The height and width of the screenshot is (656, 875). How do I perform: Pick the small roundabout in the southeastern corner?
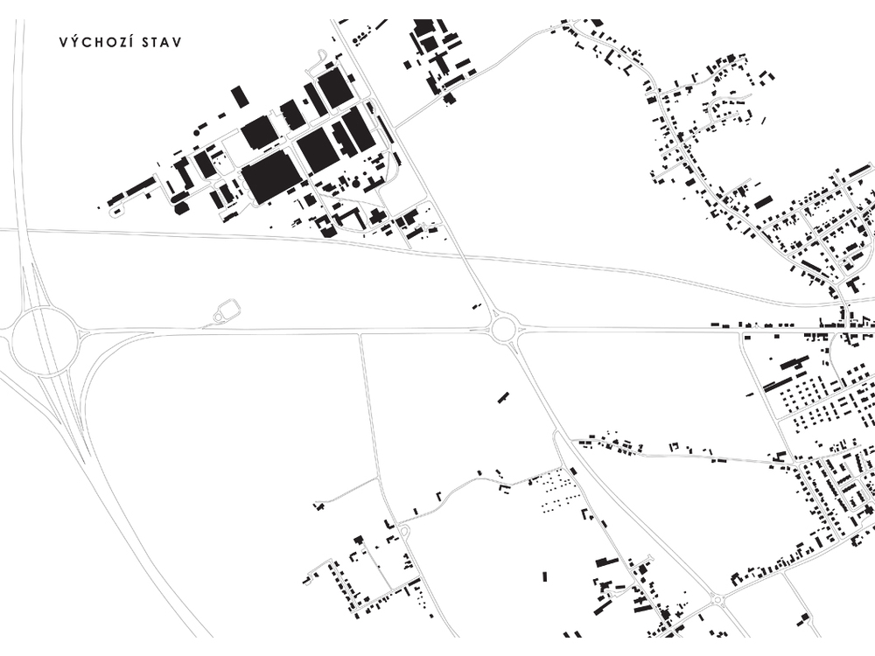click(717, 600)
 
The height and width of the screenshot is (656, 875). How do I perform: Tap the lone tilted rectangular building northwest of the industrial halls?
click(240, 96)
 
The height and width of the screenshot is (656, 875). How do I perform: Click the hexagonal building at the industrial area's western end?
click(179, 209)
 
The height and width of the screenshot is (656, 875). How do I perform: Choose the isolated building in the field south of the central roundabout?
click(504, 397)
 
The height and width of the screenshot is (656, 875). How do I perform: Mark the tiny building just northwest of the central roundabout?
click(477, 305)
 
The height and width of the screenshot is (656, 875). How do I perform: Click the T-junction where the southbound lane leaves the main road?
click(360, 333)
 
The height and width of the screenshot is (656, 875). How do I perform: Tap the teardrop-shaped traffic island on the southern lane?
click(404, 532)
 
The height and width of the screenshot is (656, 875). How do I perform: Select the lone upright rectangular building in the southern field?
click(544, 576)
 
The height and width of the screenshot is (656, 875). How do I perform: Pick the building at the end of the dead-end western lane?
click(318, 506)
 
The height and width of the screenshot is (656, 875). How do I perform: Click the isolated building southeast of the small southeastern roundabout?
click(804, 618)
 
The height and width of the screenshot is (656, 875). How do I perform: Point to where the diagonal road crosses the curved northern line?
click(465, 256)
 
